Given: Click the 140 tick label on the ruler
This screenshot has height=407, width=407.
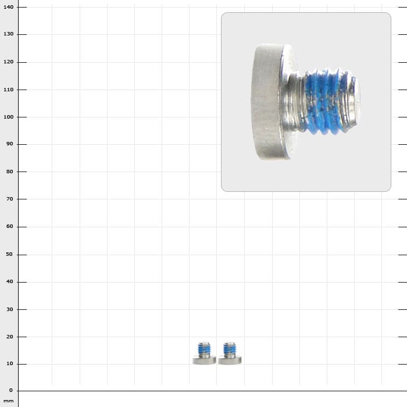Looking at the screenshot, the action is (x=8, y=7).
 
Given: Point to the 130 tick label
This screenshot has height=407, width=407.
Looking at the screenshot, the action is (x=8, y=34).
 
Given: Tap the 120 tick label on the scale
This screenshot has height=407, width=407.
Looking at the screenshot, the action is (x=8, y=62).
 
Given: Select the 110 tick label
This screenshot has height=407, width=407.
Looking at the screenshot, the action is (x=8, y=90).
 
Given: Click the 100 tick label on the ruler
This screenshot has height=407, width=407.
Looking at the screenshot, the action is (x=8, y=117).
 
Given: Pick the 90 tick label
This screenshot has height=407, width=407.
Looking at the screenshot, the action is (x=10, y=144).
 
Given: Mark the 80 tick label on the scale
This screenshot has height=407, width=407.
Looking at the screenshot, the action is (x=10, y=172).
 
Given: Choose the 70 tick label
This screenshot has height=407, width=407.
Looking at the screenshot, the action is (x=10, y=199).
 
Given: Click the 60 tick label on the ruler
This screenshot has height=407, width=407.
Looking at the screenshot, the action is (x=10, y=226).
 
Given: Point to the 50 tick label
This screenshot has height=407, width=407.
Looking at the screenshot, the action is (x=10, y=255).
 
